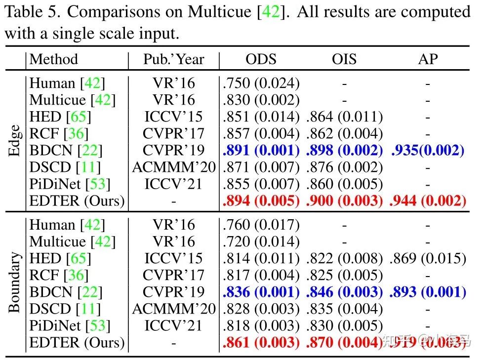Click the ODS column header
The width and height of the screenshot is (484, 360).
tap(261, 59)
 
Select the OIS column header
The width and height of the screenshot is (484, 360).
tap(345, 59)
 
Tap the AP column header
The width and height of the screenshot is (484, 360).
tap(428, 59)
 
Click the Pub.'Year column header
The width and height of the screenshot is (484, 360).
tap(173, 59)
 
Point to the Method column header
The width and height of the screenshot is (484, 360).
tap(54, 59)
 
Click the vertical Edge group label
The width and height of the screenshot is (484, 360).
tap(14, 141)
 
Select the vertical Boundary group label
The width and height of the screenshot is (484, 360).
tap(14, 282)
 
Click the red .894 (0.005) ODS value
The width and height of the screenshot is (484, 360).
tap(261, 201)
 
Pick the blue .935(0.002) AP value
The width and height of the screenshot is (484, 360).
tap(428, 151)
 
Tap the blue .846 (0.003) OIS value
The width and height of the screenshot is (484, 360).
tap(345, 292)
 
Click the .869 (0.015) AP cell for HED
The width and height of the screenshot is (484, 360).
tap(428, 259)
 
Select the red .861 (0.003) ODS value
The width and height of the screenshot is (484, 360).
tap(261, 343)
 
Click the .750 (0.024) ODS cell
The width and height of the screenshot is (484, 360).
tap(261, 83)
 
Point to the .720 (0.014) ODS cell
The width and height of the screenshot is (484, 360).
tap(261, 242)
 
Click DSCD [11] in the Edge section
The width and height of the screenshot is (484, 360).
tap(65, 167)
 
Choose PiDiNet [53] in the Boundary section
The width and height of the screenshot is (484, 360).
tap(70, 326)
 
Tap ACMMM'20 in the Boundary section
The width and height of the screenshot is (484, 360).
tap(173, 309)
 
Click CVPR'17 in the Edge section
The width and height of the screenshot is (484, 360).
tap(173, 134)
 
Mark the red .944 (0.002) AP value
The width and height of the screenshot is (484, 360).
tap(428, 201)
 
